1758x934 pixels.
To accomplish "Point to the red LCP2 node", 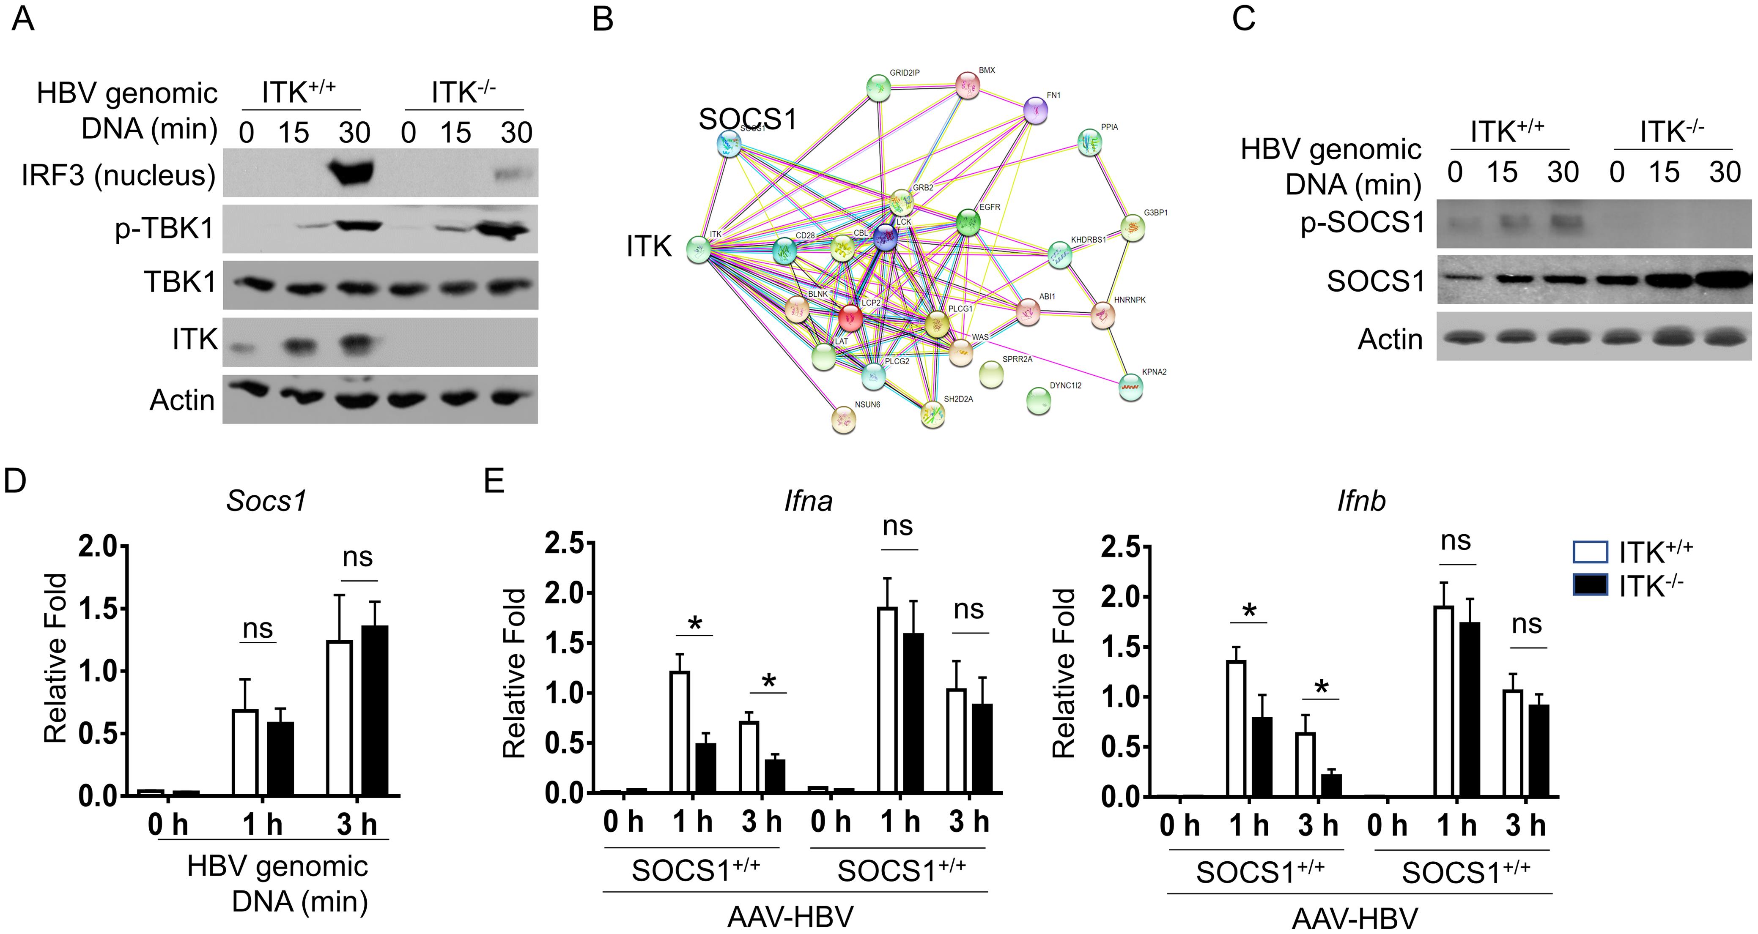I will point(850,317).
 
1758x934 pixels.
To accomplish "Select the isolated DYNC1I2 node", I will point(1038,401).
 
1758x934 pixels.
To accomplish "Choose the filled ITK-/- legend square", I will point(1590,584).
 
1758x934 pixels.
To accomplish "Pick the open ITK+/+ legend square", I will point(1590,551).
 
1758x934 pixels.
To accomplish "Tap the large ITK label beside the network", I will point(649,246).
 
